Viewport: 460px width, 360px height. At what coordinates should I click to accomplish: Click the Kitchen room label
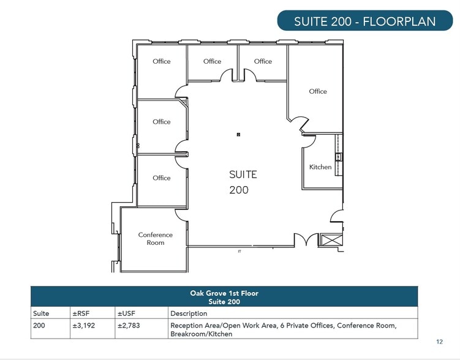[x=320, y=167]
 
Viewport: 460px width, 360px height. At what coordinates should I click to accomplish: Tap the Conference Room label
[x=155, y=239]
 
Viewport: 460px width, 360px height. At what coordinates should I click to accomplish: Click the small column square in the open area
[x=238, y=135]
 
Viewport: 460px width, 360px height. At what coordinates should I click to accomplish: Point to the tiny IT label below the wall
[x=239, y=252]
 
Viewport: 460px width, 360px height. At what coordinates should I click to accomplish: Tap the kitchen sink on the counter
[x=338, y=157]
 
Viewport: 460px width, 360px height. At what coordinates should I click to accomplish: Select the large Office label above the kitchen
[x=318, y=91]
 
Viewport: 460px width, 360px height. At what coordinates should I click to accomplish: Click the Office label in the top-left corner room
[x=161, y=61]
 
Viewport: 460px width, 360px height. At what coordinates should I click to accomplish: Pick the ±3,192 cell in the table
[x=84, y=325]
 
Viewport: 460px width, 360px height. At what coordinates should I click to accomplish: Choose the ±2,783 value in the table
[x=129, y=325]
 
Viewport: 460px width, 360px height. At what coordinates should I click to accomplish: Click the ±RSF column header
[x=81, y=313]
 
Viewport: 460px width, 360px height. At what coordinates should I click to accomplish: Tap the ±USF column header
[x=126, y=313]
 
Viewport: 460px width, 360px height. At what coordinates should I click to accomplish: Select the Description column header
[x=189, y=313]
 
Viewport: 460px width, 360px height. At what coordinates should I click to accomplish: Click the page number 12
[x=439, y=342]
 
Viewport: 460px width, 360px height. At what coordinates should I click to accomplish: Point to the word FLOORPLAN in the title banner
[x=399, y=21]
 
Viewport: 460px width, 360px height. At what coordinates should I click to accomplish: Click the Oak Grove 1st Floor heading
[x=224, y=293]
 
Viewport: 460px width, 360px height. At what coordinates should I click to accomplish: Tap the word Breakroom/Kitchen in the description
[x=202, y=334]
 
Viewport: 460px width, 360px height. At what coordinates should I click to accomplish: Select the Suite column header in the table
[x=41, y=313]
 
